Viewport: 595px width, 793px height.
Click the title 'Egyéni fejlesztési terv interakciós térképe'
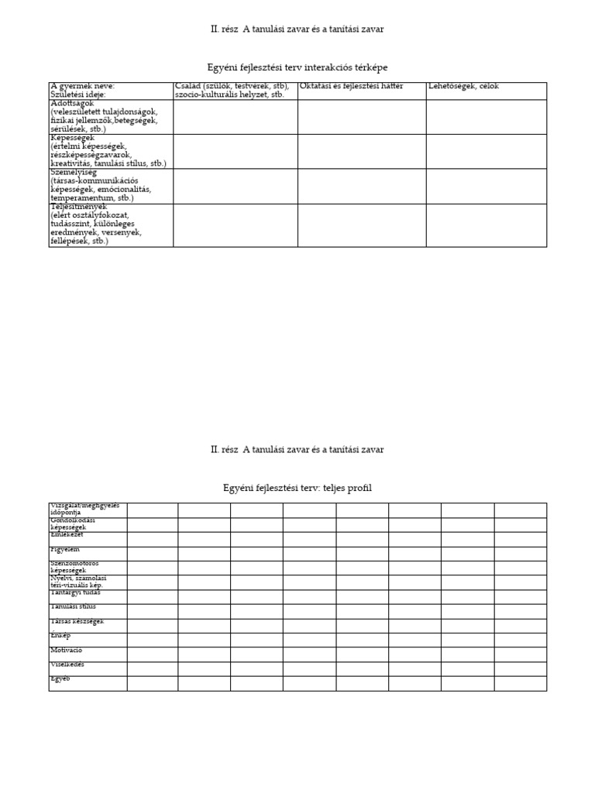click(x=297, y=68)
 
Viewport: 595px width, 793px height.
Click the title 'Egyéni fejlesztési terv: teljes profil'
click(x=297, y=488)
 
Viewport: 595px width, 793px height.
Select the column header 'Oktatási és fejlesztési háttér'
click(x=351, y=86)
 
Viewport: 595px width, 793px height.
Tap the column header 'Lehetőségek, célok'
click(x=463, y=86)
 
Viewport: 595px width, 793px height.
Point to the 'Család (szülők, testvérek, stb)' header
click(x=232, y=86)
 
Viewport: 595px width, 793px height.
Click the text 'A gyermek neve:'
click(x=82, y=86)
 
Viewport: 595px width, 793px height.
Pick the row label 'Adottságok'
click(x=72, y=103)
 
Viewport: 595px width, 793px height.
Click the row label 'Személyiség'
click(x=74, y=173)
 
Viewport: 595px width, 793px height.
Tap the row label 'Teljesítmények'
click(x=78, y=208)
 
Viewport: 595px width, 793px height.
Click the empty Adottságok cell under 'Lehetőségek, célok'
click(x=486, y=116)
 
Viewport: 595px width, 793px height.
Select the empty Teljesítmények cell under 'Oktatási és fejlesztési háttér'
click(x=362, y=225)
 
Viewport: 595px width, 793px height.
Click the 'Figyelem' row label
click(x=65, y=549)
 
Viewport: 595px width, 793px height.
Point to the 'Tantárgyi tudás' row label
click(x=76, y=592)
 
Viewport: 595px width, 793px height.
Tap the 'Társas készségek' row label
click(x=77, y=621)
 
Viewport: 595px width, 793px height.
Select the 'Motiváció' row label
click(x=67, y=650)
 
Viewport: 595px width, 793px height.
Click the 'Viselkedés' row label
click(x=67, y=664)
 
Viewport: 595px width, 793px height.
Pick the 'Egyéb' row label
click(x=60, y=678)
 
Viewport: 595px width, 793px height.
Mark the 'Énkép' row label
click(x=60, y=635)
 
